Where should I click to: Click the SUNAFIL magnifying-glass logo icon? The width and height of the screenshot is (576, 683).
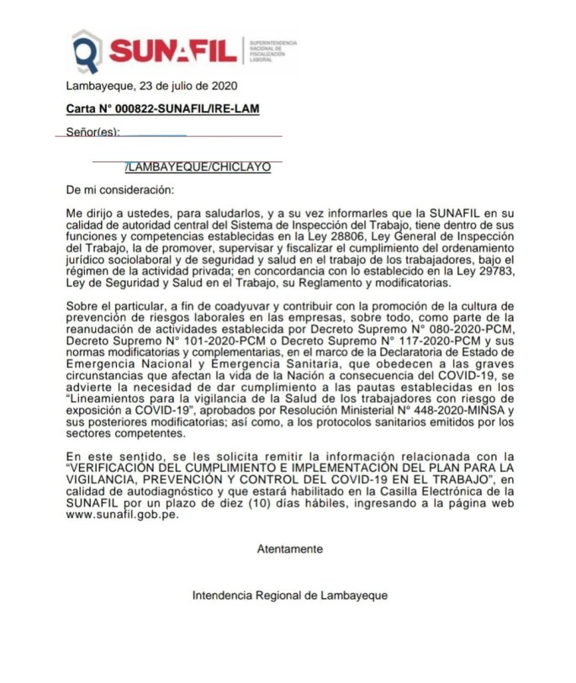pyautogui.click(x=87, y=51)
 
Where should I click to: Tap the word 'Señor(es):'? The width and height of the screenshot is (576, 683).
pyautogui.click(x=92, y=132)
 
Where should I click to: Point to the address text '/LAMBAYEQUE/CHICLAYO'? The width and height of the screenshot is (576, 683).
pyautogui.click(x=198, y=167)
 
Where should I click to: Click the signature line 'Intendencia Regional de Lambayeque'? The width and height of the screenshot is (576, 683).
pyautogui.click(x=290, y=596)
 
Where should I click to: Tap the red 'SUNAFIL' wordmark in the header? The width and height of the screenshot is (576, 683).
pyautogui.click(x=173, y=51)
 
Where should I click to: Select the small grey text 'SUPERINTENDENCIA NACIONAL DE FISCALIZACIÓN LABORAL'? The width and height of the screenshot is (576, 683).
pyautogui.click(x=270, y=51)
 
